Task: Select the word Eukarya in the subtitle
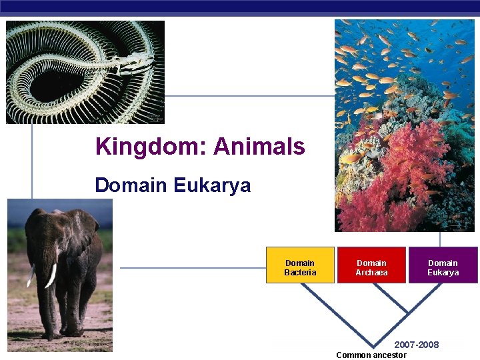(211, 185)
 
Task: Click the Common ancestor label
(371, 355)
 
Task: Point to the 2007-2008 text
(417, 345)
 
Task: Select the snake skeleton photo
(85, 72)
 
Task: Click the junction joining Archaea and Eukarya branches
(407, 313)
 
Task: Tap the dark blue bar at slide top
(240, 6)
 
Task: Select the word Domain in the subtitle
(131, 185)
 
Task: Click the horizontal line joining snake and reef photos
(249, 96)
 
